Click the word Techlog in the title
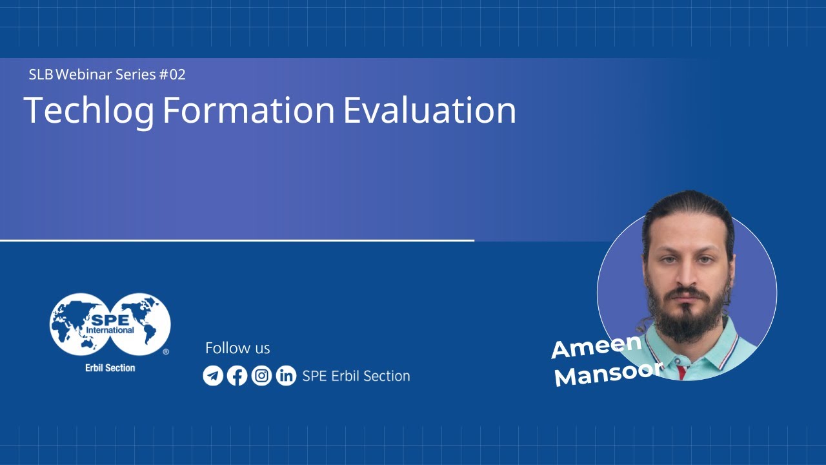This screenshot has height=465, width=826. (89, 111)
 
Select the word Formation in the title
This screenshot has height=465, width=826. (248, 110)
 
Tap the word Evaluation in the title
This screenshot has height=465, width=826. (429, 110)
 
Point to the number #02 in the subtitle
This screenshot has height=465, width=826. (172, 74)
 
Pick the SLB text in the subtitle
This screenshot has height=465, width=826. (41, 74)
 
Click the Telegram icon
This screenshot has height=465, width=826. (213, 375)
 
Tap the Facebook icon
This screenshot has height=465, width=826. (237, 375)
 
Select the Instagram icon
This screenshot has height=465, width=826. (261, 375)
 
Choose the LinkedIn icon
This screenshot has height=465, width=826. (286, 375)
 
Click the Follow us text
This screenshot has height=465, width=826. (237, 348)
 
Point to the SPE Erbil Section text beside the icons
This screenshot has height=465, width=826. (356, 376)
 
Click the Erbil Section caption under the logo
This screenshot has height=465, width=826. (110, 367)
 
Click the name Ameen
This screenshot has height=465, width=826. (596, 346)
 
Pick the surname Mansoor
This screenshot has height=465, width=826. (609, 373)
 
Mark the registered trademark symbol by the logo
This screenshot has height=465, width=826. (166, 352)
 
